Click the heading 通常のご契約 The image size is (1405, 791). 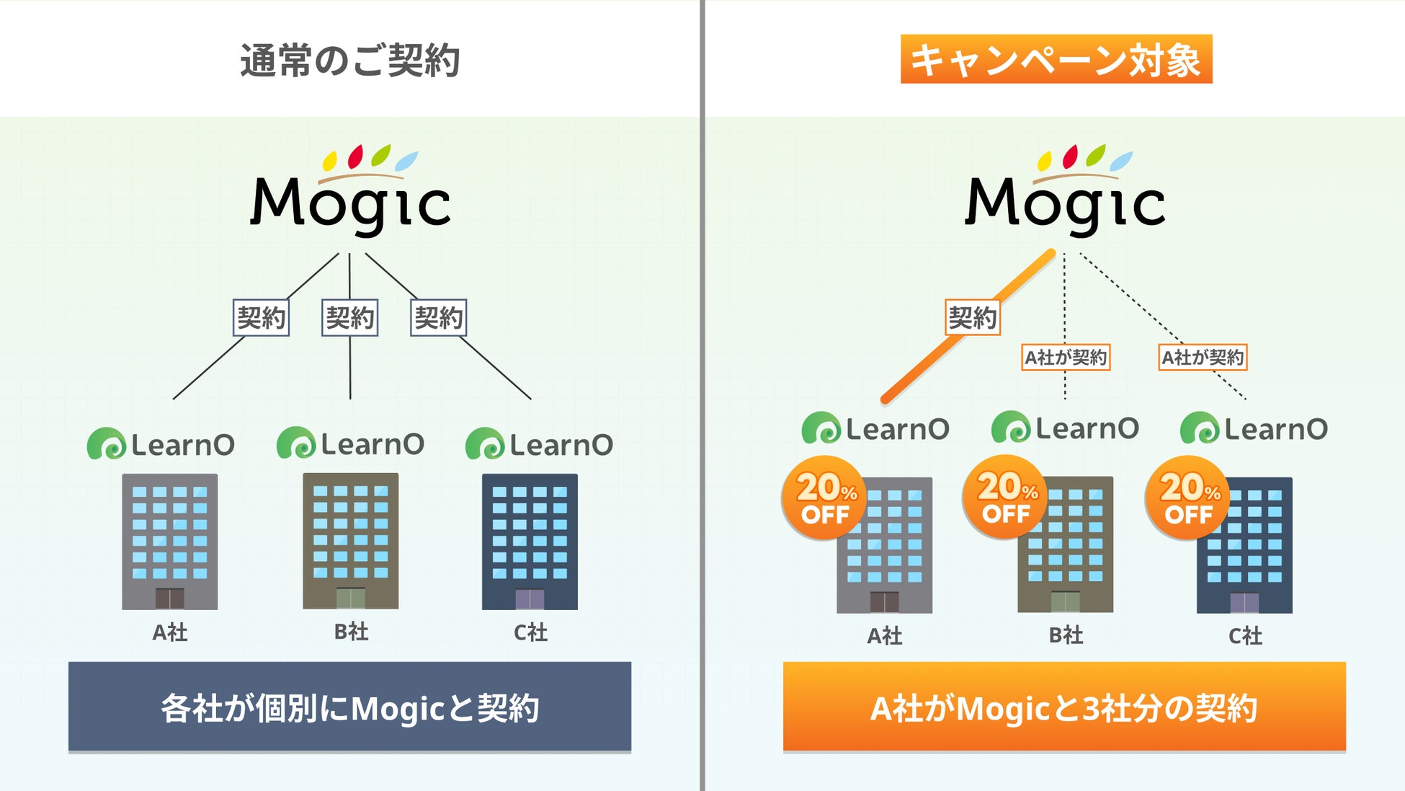pos(349,60)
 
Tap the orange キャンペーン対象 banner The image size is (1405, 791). pos(1056,59)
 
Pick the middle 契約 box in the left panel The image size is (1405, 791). pos(349,318)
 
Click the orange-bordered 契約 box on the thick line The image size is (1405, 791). pos(972,318)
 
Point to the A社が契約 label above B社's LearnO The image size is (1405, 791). pos(1066,357)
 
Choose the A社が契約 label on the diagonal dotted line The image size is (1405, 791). pos(1203,357)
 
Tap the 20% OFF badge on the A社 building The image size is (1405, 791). pos(826,498)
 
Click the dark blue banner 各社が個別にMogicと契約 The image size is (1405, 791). pos(349,707)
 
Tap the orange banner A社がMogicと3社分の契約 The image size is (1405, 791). pos(1064,707)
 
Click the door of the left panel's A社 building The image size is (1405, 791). pos(170,598)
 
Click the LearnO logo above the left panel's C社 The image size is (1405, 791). pos(539,444)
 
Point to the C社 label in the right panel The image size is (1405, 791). pos(1245,636)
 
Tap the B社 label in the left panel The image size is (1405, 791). pos(351,632)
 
